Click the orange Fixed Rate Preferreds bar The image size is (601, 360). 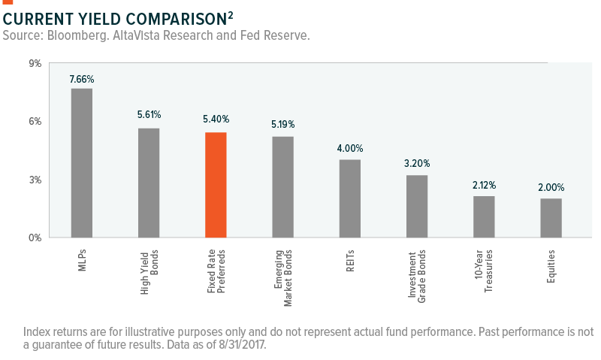point(216,185)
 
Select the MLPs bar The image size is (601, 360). point(81,162)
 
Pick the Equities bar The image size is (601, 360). point(551,218)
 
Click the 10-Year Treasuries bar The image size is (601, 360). point(484,216)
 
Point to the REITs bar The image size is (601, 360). point(349,198)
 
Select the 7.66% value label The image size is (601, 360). point(81,79)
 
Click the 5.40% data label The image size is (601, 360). point(216,119)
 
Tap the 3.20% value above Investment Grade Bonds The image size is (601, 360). point(417,162)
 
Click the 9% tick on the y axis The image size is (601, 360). point(35,64)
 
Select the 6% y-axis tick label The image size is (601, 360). point(35,122)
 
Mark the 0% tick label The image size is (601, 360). point(35,238)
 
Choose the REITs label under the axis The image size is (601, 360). point(349,259)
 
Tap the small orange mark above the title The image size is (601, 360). point(8,3)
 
